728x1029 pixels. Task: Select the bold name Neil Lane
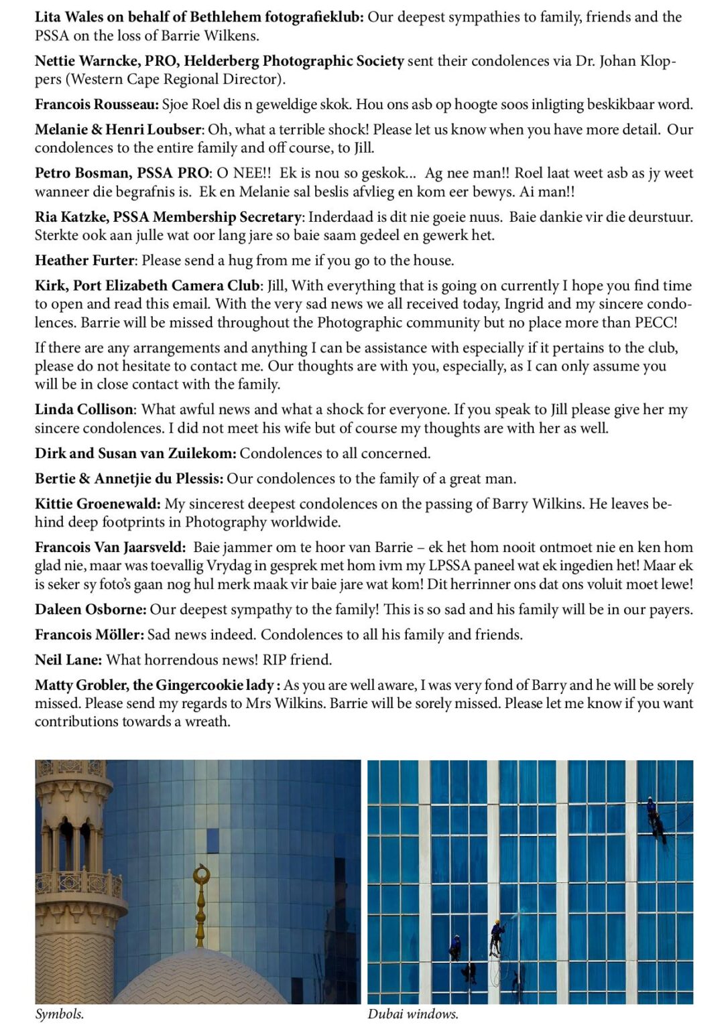68,660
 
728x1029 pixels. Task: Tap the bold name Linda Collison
84,410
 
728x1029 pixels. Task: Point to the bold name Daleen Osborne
90,610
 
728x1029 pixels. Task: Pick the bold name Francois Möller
89,634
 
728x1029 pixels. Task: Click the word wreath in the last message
208,722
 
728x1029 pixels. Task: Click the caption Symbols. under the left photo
60,1014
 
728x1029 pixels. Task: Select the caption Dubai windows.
413,1014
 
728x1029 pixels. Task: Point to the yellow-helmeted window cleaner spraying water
496,934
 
